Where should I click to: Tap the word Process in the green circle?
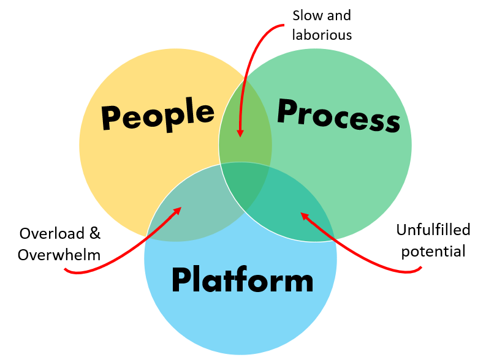(338, 114)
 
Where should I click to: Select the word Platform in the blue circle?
(242, 280)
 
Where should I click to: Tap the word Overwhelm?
(59, 254)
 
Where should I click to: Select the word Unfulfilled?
(433, 230)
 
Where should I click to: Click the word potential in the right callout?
(433, 251)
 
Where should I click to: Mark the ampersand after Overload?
(94, 233)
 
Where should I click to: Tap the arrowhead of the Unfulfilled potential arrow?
(303, 214)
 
